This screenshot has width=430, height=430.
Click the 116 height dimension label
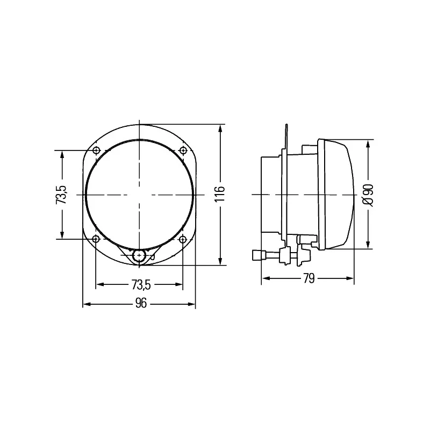pyautogui.click(x=220, y=194)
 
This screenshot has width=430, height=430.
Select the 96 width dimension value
pyautogui.click(x=141, y=303)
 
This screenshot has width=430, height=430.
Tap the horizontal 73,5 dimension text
pyautogui.click(x=141, y=285)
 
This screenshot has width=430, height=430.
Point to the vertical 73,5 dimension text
pyautogui.click(x=61, y=195)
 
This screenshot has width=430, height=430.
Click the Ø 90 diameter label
pyautogui.click(x=368, y=195)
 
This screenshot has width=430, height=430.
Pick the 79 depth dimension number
pyautogui.click(x=309, y=278)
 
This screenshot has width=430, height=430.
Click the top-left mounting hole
pyautogui.click(x=97, y=150)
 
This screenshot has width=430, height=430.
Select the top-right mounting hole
pyautogui.click(x=183, y=150)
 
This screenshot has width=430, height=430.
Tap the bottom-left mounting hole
pyautogui.click(x=96, y=239)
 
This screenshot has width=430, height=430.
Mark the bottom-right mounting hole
pyautogui.click(x=183, y=239)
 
